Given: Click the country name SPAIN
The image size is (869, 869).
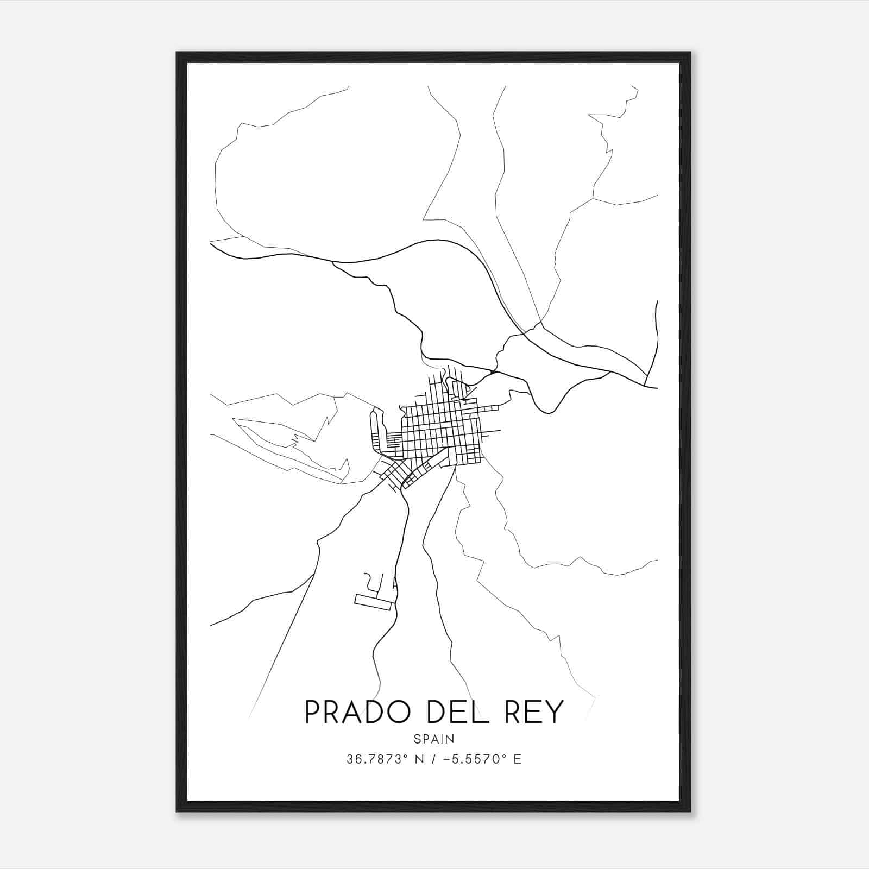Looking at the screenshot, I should [434, 739].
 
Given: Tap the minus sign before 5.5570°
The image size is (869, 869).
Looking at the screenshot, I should [448, 759].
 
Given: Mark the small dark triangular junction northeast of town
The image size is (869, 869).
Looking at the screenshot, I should [491, 372].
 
